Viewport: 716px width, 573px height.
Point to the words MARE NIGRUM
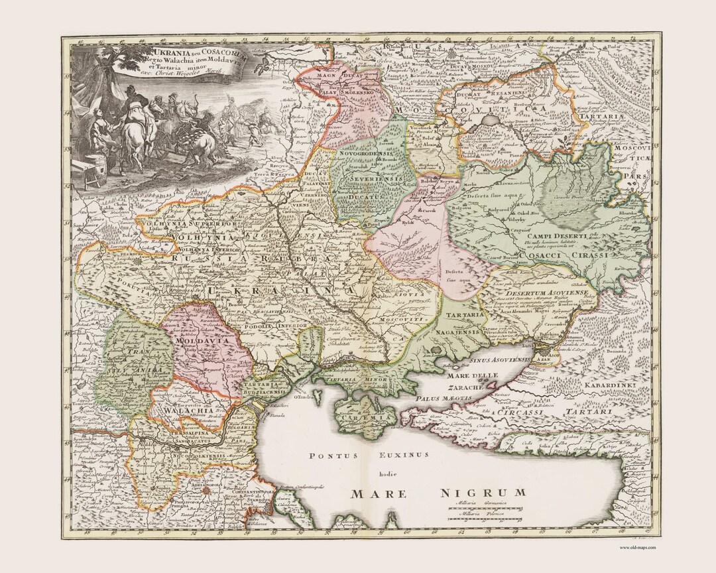point(438,493)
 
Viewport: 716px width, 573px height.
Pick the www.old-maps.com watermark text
point(637,547)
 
